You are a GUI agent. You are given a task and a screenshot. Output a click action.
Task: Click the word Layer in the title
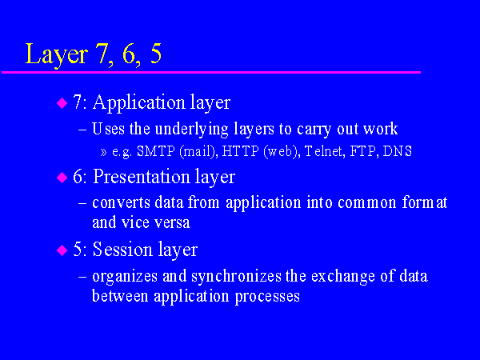point(57,54)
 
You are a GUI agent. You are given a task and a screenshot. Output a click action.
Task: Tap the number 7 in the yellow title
point(102,53)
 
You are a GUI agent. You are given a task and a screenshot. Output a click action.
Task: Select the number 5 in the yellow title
point(156,53)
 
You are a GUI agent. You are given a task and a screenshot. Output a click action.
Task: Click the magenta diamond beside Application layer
point(62,103)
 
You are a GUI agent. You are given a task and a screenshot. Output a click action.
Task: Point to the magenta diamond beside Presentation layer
point(62,178)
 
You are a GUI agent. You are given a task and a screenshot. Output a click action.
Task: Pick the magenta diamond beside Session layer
point(62,250)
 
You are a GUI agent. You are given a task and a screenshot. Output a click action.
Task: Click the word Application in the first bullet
point(139,103)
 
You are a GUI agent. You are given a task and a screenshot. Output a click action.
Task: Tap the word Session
point(122,250)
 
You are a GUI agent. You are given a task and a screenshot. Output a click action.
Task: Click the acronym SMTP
point(155,151)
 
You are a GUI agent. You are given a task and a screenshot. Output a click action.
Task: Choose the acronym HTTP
point(240,151)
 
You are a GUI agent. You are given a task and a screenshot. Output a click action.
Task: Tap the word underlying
point(192,130)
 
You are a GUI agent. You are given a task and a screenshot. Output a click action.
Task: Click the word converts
point(121,203)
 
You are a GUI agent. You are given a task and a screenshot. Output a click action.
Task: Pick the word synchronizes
point(237,277)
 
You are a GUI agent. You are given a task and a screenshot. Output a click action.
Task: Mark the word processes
point(267,297)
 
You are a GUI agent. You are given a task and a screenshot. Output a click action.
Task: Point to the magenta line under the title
point(211,72)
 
